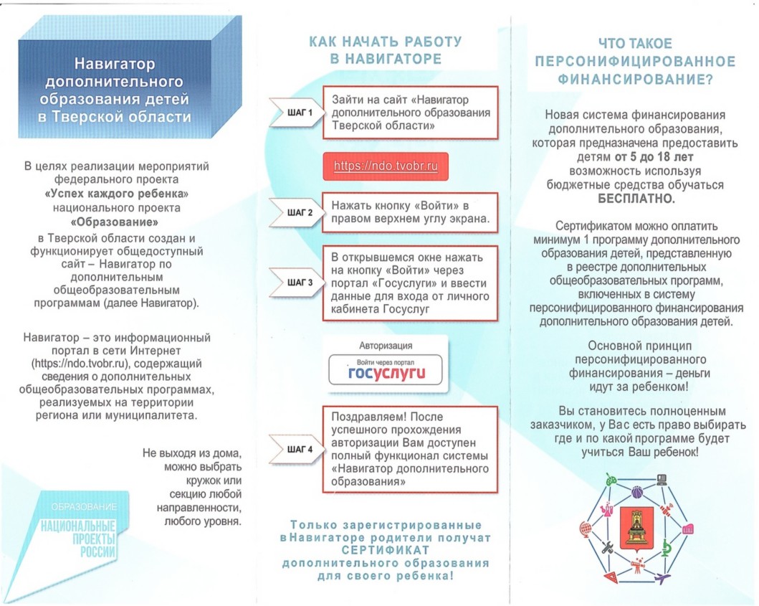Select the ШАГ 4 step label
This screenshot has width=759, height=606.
coord(299,450)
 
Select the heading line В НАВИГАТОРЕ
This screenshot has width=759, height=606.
coord(386,59)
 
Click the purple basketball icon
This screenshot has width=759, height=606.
coord(636,492)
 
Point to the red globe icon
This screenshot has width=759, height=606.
coord(586,529)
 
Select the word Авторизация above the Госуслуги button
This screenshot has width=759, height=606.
coord(386,344)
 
